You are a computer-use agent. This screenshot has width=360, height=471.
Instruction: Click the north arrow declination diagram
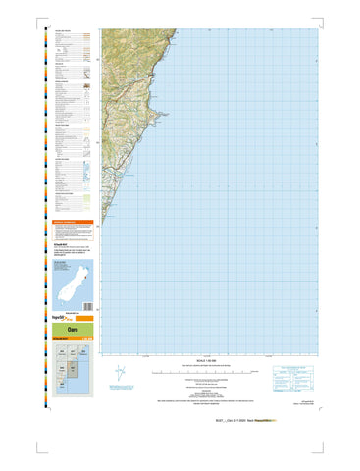120,374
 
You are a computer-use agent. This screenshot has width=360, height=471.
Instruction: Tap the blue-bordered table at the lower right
294,376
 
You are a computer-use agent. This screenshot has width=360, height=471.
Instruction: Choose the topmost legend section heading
65,30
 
